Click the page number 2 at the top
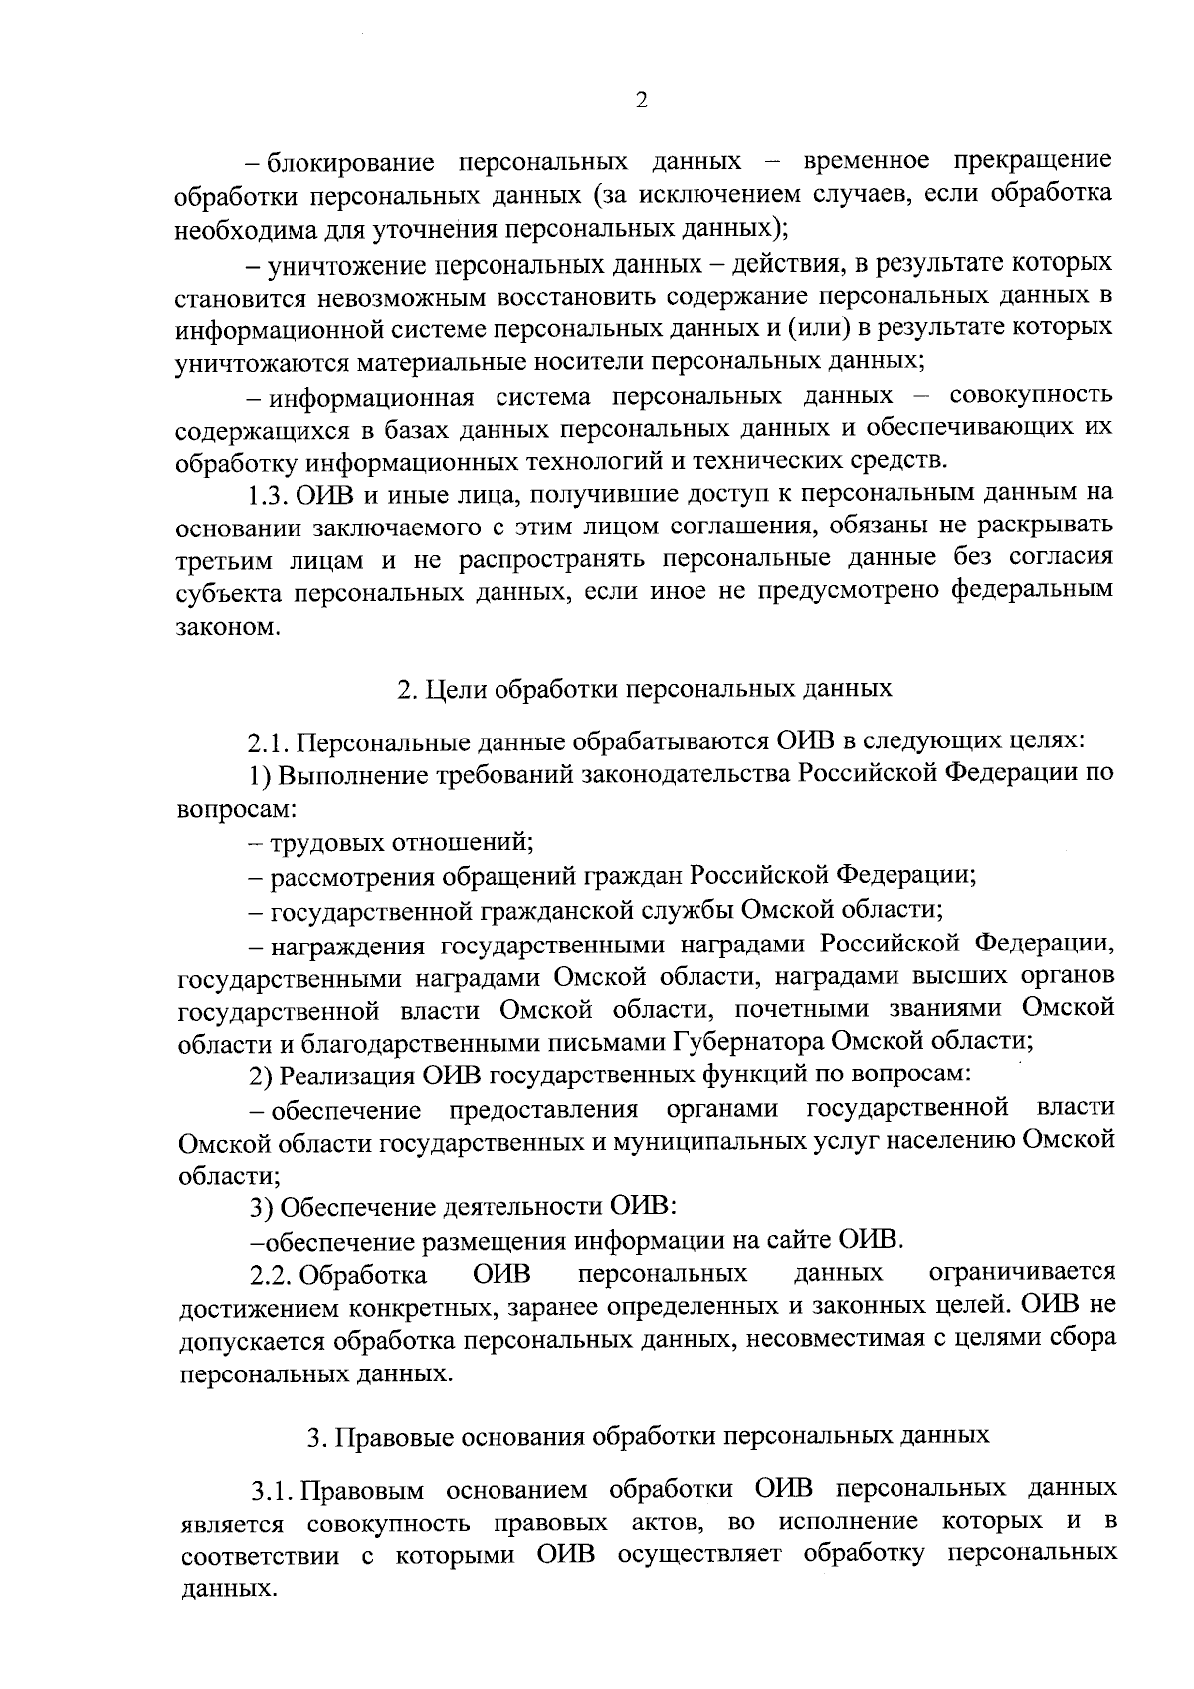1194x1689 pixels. coord(641,101)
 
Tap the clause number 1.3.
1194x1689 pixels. coord(269,493)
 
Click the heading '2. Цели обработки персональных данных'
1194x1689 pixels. coord(645,689)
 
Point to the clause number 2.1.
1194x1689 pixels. coord(269,741)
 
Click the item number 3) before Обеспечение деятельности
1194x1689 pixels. coord(261,1208)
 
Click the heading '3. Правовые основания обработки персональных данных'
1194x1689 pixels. coord(648,1436)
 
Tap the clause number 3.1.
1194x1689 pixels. coord(270,1490)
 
